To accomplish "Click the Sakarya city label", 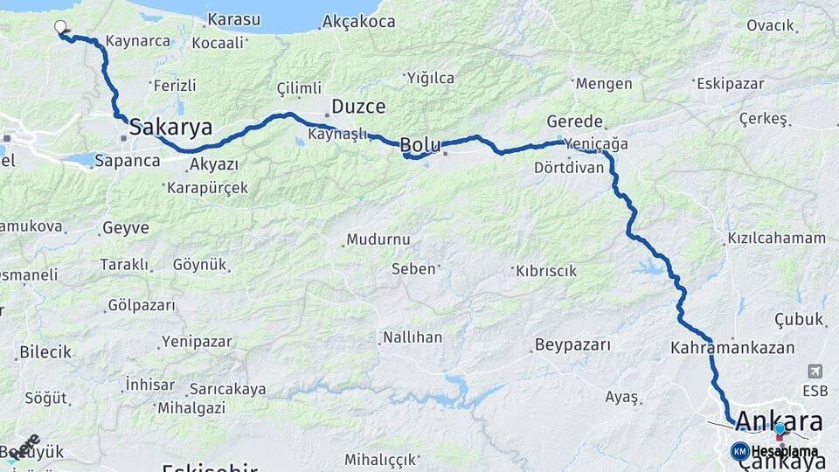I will [170, 128].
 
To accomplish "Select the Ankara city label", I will [779, 420].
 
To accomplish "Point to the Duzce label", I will [358, 108].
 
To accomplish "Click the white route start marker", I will [60, 26].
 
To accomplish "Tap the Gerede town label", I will [574, 121].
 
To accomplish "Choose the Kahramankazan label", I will [732, 348].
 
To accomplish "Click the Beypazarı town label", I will [572, 344].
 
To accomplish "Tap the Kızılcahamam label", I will [776, 238].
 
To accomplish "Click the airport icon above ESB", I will [815, 371].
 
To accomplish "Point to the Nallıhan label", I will [412, 337].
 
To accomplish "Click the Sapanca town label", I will [128, 161].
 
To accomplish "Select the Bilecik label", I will [45, 352].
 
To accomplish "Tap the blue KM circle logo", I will [739, 452].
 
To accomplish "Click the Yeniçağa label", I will [596, 144].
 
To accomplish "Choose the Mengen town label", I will [604, 84].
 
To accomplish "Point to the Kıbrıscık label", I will [546, 271].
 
